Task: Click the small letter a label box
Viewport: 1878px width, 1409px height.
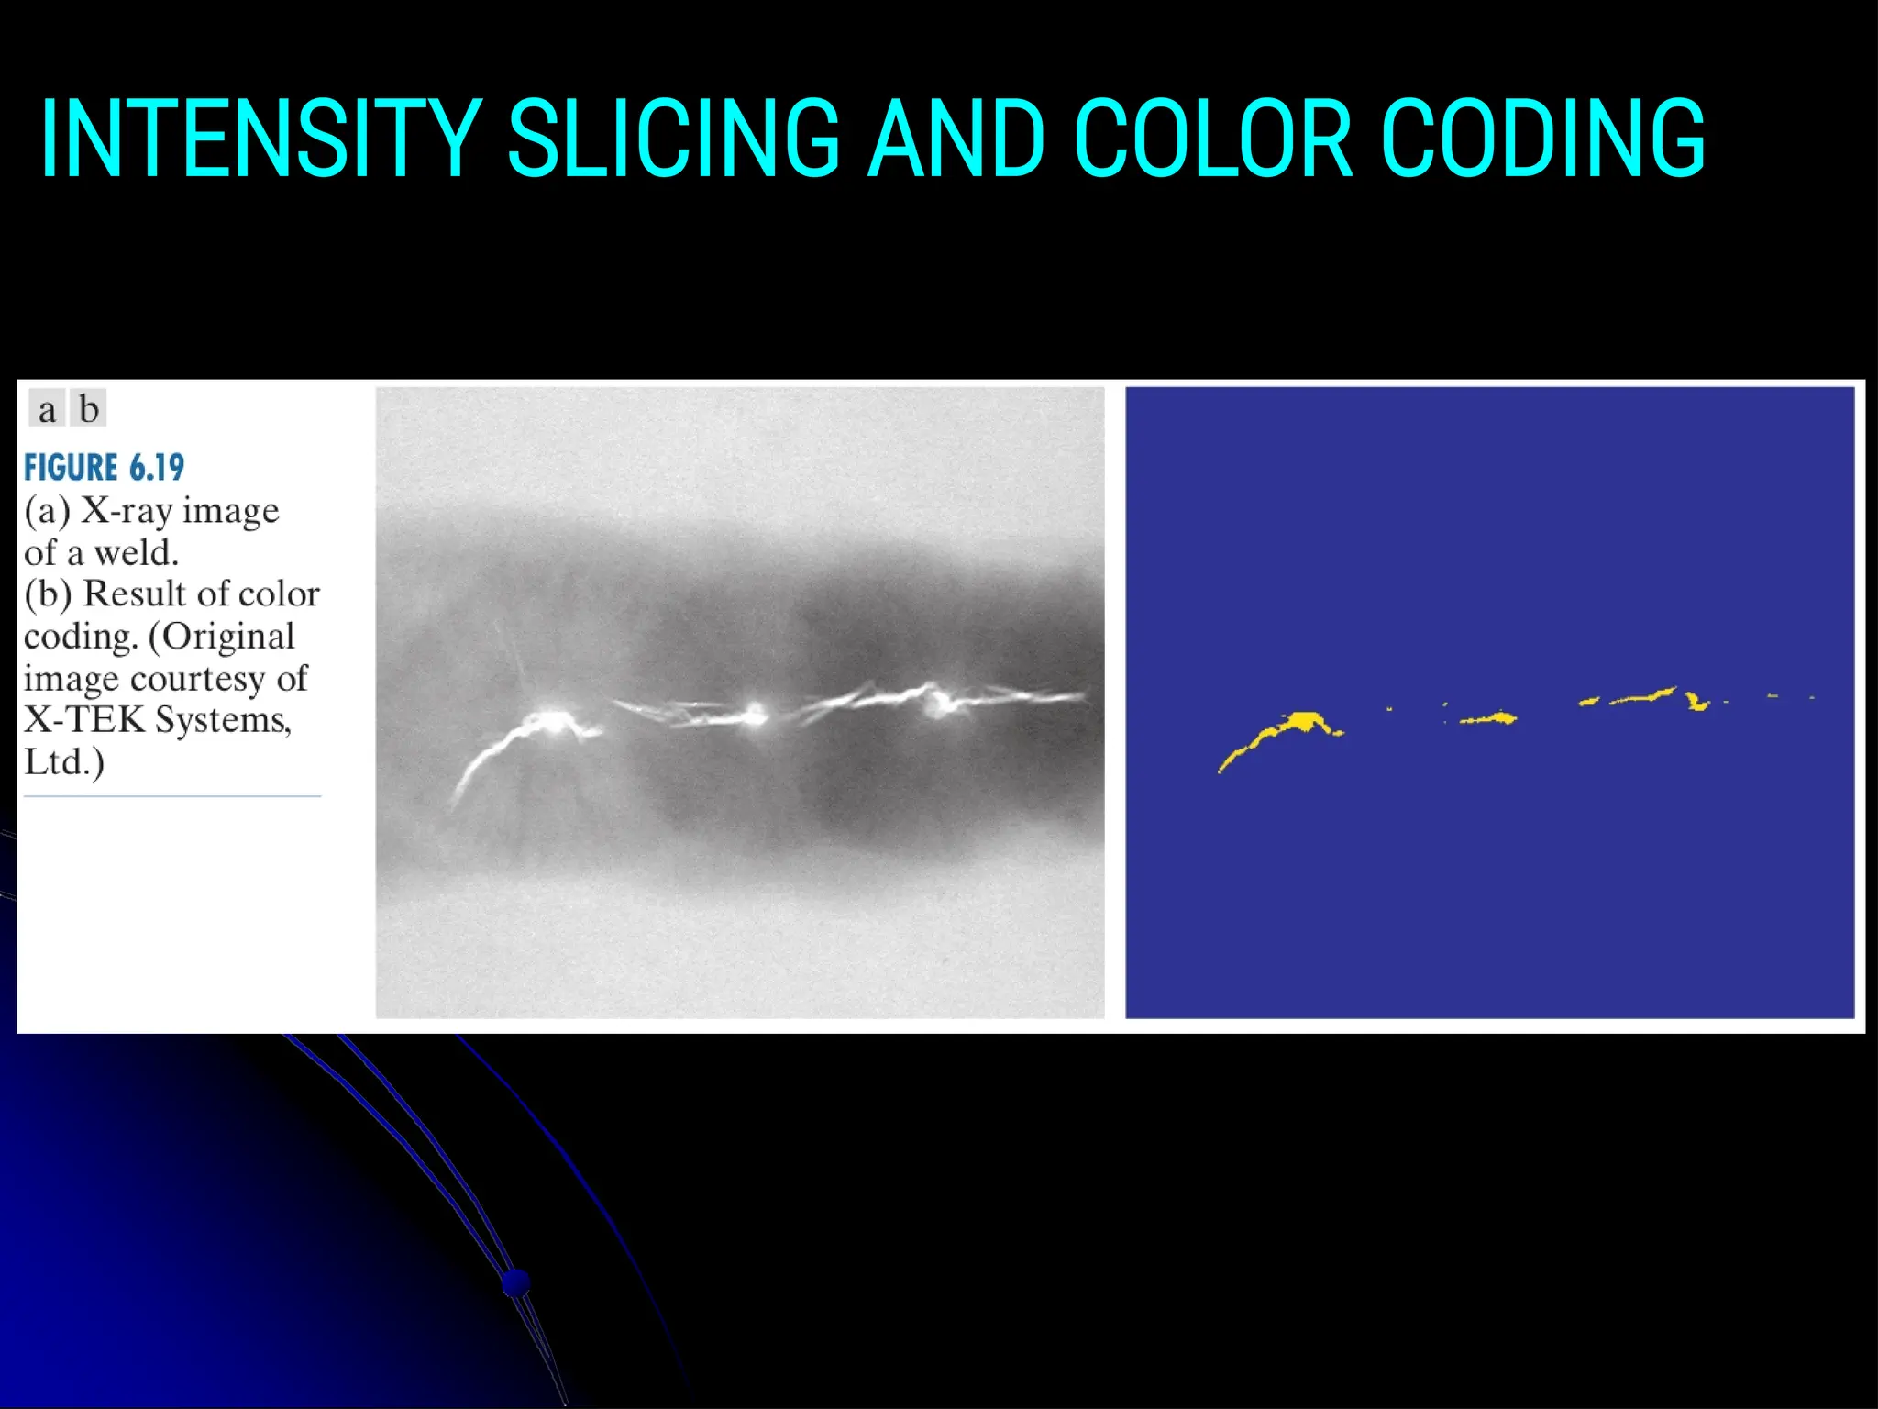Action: (47, 409)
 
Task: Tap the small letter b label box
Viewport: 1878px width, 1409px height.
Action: (89, 409)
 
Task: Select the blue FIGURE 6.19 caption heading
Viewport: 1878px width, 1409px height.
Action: (104, 468)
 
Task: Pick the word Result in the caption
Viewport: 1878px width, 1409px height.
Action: (132, 594)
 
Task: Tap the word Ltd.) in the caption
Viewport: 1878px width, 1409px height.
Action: (63, 761)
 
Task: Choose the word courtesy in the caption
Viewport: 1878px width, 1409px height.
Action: (196, 679)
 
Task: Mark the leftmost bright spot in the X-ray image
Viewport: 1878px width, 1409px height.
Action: (551, 720)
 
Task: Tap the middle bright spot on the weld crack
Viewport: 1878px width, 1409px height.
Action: (756, 714)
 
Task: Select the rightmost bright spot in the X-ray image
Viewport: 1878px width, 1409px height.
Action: (937, 704)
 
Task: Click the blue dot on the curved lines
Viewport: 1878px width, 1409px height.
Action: (516, 1281)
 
